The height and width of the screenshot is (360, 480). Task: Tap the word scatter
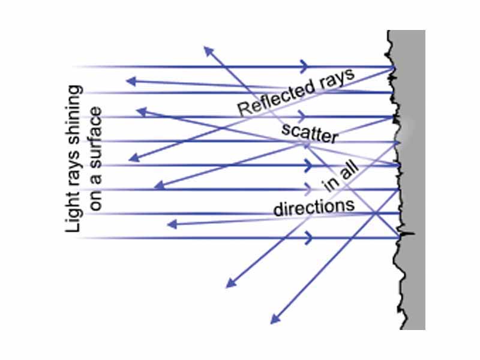(308, 134)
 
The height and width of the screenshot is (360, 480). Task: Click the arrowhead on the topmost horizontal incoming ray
(307, 66)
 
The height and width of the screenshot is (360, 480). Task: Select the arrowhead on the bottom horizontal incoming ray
(309, 238)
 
